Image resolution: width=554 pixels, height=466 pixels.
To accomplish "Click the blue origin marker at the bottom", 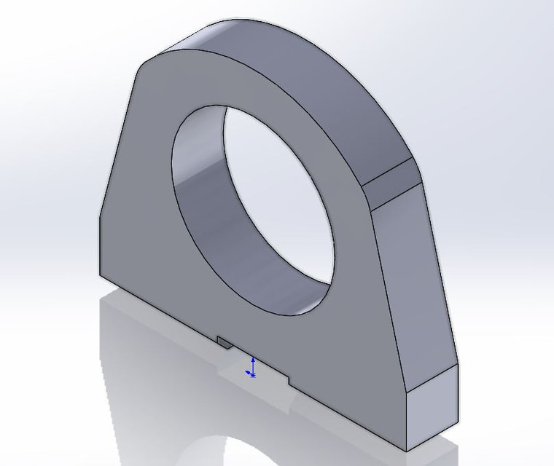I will (251, 375).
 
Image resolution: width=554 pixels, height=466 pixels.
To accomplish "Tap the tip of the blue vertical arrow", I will (252, 358).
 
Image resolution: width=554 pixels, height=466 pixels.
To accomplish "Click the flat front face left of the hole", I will (138, 218).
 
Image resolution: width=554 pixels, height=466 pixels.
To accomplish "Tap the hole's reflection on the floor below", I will (241, 451).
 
